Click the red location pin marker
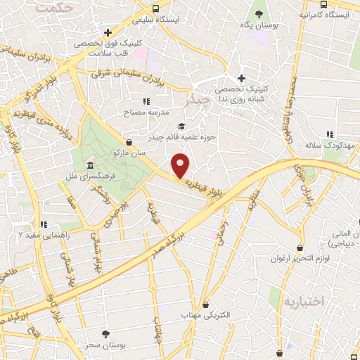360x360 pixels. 181,166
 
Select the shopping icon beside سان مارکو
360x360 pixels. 127,141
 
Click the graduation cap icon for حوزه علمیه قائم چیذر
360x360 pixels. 182,127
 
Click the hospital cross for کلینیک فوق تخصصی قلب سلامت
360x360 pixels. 107,32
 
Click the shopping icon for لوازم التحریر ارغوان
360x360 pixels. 300,248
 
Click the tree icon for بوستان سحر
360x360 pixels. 105,333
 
